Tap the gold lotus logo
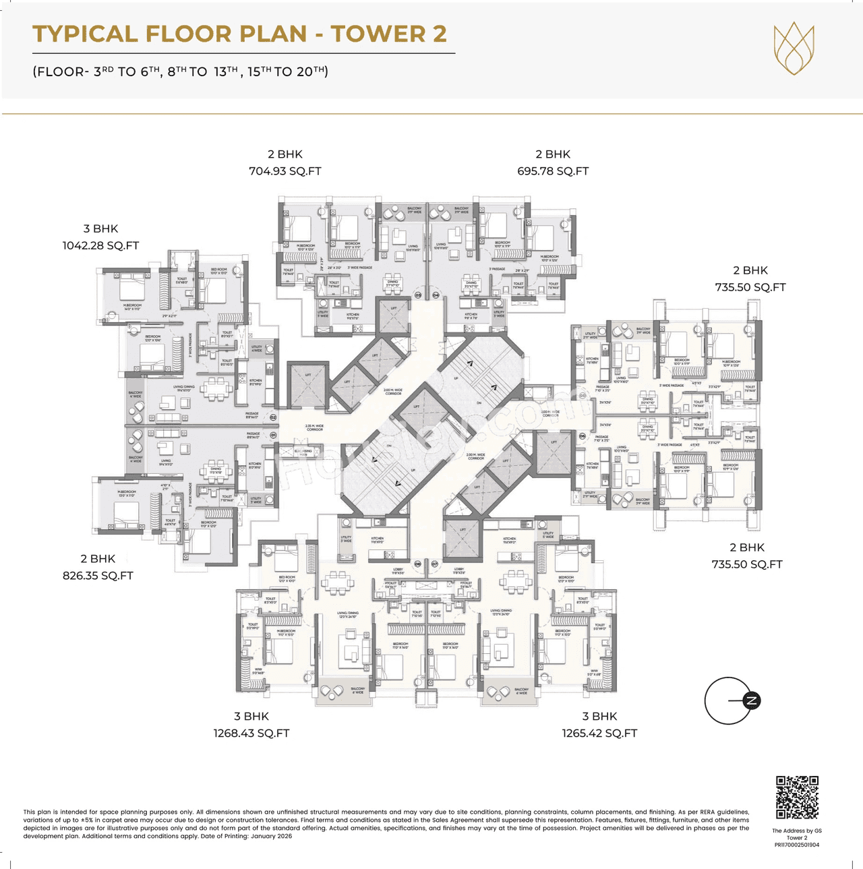tap(794, 48)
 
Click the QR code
tap(797, 797)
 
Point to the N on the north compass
tap(751, 700)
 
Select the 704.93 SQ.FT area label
tap(285, 171)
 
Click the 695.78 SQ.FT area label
tap(553, 171)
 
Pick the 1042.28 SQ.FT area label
tap(100, 245)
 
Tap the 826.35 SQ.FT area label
tap(98, 576)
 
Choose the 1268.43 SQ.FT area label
tap(251, 733)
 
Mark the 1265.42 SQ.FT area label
tap(599, 733)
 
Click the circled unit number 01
tap(274, 436)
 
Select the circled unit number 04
tap(436, 295)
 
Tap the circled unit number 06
tap(583, 436)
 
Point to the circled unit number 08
tap(417, 564)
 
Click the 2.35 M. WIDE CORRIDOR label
tap(315, 427)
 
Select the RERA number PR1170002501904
tap(797, 844)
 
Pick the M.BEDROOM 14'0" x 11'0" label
tap(132, 307)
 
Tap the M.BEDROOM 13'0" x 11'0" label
tap(127, 493)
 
